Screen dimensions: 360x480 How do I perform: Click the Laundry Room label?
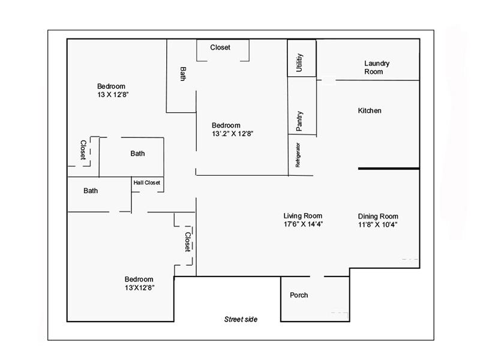[377, 67]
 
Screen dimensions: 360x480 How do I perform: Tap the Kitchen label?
[370, 111]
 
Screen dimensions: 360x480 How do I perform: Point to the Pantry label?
[299, 121]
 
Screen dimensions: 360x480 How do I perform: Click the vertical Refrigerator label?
[297, 155]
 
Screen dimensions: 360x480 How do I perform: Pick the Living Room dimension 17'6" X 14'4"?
[302, 224]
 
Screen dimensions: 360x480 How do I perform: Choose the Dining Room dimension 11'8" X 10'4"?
[377, 224]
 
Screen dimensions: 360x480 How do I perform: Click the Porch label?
[299, 295]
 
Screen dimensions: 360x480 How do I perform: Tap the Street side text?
[241, 319]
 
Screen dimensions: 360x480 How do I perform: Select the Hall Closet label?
[147, 182]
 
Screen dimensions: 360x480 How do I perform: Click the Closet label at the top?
[220, 47]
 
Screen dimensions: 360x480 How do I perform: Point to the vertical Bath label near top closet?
[183, 74]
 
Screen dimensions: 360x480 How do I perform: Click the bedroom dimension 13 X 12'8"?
[113, 95]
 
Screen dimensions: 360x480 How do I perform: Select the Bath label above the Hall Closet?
[137, 154]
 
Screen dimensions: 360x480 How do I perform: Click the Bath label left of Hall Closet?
[91, 191]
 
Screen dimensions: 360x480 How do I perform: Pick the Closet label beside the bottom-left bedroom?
[188, 242]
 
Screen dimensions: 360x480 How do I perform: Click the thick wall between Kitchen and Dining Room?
[388, 169]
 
